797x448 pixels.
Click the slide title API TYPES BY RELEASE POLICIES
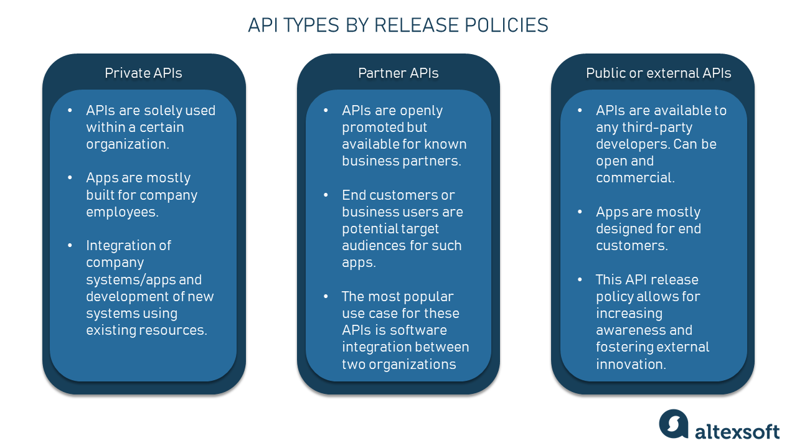pyautogui.click(x=398, y=25)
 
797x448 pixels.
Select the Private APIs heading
pyautogui.click(x=143, y=73)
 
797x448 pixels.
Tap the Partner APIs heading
pyautogui.click(x=398, y=73)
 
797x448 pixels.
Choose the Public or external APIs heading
pyautogui.click(x=658, y=73)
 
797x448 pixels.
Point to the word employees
pyautogui.click(x=121, y=212)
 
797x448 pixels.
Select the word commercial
pyautogui.click(x=634, y=178)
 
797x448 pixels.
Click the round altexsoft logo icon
pyautogui.click(x=674, y=424)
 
